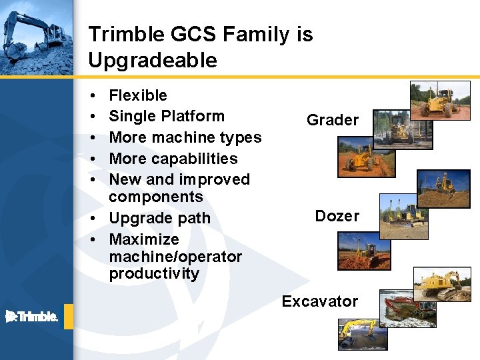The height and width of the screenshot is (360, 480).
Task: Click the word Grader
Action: pyautogui.click(x=332, y=120)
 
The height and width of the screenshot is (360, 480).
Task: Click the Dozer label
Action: pyautogui.click(x=337, y=216)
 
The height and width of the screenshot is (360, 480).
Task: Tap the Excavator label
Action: pyautogui.click(x=319, y=301)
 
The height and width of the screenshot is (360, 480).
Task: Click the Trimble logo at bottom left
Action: pyautogui.click(x=32, y=317)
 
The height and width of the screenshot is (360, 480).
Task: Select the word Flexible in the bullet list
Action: pyautogui.click(x=137, y=95)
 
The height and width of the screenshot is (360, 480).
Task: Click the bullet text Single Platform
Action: pyautogui.click(x=166, y=116)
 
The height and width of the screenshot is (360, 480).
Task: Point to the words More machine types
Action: pyautogui.click(x=185, y=137)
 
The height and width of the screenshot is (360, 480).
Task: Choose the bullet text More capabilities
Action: pyautogui.click(x=173, y=159)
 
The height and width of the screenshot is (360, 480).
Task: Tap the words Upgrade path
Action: pyautogui.click(x=159, y=218)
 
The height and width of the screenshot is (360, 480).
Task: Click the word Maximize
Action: pyautogui.click(x=143, y=239)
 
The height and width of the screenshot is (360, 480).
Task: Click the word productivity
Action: pyautogui.click(x=153, y=274)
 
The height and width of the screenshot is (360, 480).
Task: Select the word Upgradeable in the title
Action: pyautogui.click(x=153, y=61)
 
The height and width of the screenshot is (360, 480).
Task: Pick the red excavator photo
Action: pyautogui.click(x=407, y=308)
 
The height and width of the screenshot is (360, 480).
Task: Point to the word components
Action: pyautogui.click(x=155, y=197)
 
